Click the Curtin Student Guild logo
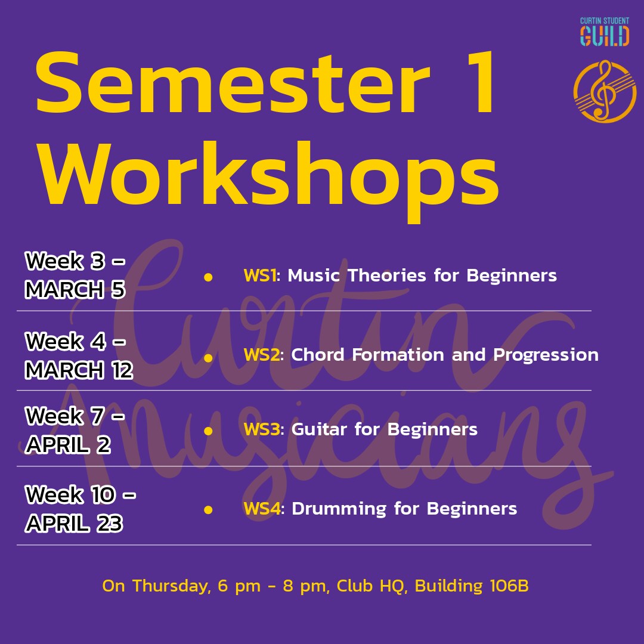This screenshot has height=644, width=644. (x=604, y=32)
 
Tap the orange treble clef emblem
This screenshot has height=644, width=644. (x=605, y=91)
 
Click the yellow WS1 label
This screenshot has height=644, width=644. (x=259, y=275)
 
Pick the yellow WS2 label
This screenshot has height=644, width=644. (x=262, y=355)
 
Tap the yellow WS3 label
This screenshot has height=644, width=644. (x=262, y=429)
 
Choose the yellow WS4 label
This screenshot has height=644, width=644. (x=262, y=509)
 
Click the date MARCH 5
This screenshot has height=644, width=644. (x=75, y=289)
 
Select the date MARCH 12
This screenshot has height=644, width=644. (x=79, y=370)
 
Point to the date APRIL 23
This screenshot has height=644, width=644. (x=74, y=524)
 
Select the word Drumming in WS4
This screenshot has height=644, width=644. (x=339, y=509)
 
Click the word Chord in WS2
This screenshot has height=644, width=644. (x=317, y=355)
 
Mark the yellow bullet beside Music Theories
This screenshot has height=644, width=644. (x=208, y=277)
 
